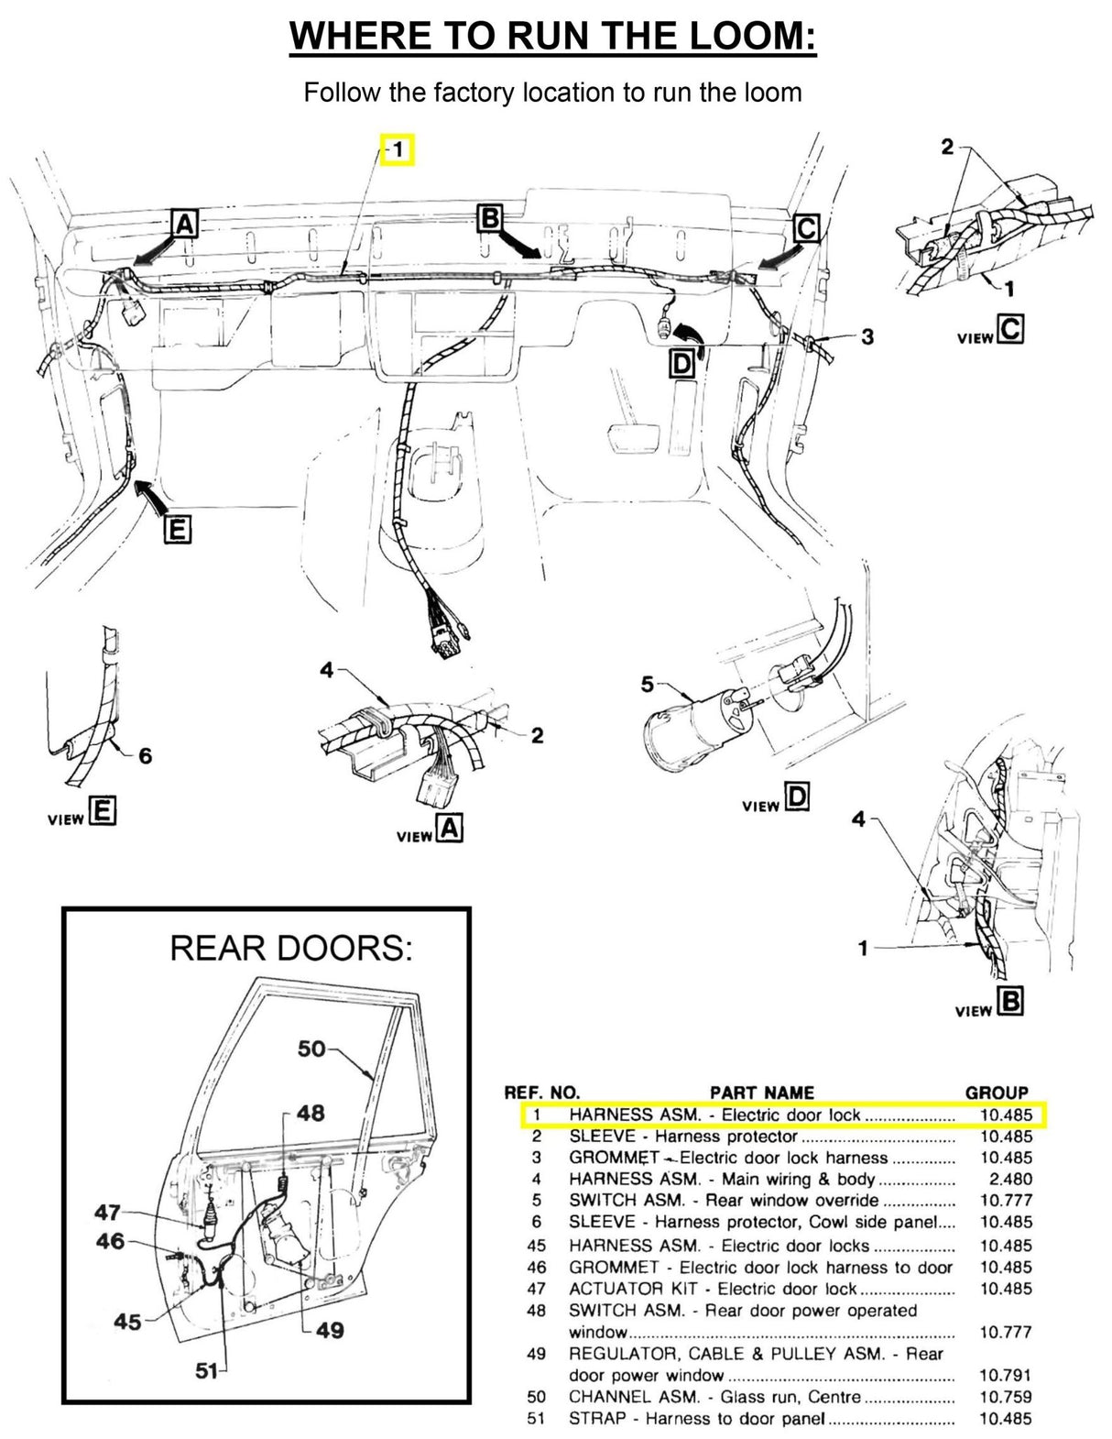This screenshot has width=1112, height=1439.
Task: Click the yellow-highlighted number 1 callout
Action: pyautogui.click(x=398, y=149)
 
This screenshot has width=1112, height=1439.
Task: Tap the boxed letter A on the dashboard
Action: pyautogui.click(x=185, y=224)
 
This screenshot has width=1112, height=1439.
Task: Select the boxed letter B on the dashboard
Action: pyautogui.click(x=491, y=218)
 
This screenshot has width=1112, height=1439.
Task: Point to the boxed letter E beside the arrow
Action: pyautogui.click(x=178, y=530)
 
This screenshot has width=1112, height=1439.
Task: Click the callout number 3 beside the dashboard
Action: pyautogui.click(x=867, y=337)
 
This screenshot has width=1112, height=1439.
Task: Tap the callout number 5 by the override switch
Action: pyautogui.click(x=648, y=684)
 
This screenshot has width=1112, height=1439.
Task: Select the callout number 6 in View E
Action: pyautogui.click(x=145, y=756)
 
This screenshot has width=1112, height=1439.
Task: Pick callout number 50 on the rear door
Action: pyautogui.click(x=311, y=1049)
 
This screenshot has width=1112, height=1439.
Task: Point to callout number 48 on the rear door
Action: pyautogui.click(x=311, y=1113)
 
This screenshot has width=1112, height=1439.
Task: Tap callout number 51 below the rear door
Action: pyautogui.click(x=208, y=1371)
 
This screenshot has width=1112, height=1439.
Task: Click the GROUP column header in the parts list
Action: pyautogui.click(x=997, y=1093)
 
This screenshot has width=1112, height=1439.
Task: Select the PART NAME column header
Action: pyautogui.click(x=761, y=1093)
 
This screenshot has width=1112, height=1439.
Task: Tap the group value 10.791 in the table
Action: pyautogui.click(x=1005, y=1375)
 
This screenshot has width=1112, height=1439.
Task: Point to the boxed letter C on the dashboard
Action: pyautogui.click(x=806, y=227)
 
